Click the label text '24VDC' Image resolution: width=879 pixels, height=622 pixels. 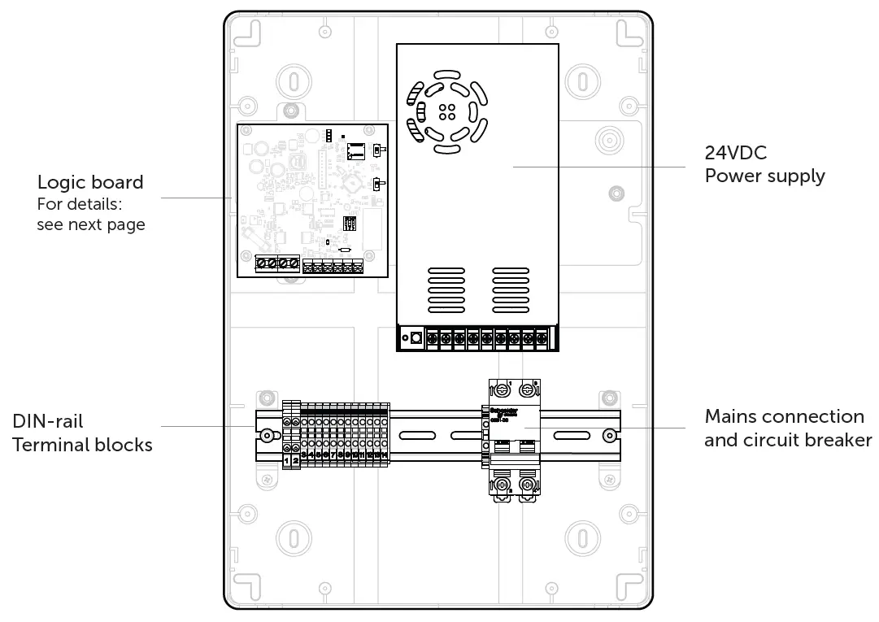tap(735, 153)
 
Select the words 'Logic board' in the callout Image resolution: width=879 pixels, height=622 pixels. tap(89, 182)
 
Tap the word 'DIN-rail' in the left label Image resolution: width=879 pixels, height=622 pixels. tap(47, 421)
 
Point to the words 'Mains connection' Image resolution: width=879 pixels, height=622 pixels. tap(784, 416)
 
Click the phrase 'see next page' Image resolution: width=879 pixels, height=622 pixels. tap(90, 224)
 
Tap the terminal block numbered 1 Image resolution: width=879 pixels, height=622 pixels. tap(286, 460)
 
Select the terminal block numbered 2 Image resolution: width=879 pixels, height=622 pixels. tap(295, 460)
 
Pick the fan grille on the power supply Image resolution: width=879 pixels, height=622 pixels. tap(446, 112)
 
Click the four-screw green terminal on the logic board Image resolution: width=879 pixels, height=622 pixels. tap(277, 263)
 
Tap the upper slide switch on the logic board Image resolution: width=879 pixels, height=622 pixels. tap(376, 150)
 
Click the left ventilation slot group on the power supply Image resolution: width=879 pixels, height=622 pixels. tap(446, 290)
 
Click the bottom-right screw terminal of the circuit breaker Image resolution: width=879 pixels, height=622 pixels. tap(527, 485)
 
